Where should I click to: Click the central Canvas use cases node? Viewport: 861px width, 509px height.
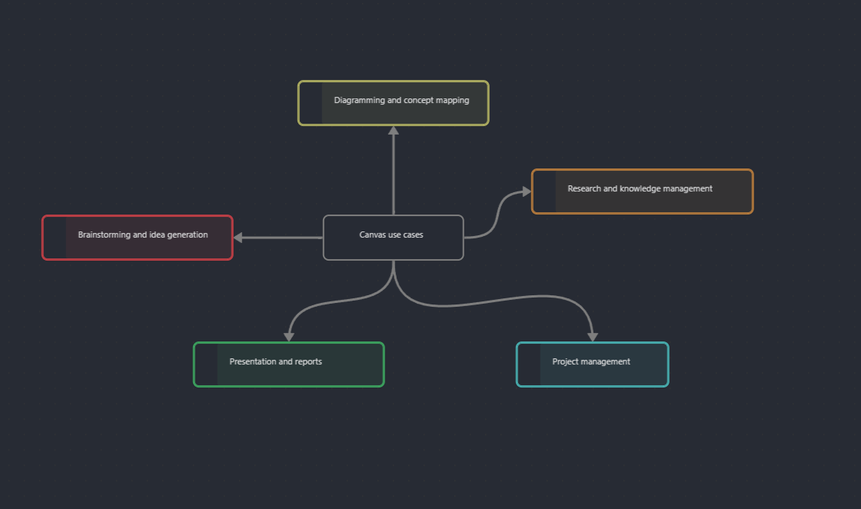393,238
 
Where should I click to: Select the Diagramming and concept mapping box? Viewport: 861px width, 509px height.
393,103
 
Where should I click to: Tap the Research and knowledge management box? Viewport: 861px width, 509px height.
642,191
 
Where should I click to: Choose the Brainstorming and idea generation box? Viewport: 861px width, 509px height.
138,238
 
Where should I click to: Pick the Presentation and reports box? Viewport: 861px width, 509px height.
288,364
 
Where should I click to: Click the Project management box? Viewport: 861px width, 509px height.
592,364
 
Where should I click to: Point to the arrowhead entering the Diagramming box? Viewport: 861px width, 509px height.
394,131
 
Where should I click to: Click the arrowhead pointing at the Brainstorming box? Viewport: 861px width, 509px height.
238,238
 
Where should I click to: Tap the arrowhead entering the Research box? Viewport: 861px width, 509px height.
526,191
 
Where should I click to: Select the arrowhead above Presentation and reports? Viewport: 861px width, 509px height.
289,337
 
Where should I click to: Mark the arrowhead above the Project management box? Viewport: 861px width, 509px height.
593,337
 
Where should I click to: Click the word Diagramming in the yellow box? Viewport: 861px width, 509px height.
359,100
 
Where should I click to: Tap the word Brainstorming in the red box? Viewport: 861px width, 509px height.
105,235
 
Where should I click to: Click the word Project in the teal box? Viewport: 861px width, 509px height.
565,361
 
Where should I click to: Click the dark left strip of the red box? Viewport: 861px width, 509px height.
55,238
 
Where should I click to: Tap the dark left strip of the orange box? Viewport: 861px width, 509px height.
545,191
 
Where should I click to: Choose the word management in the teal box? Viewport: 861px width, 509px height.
606,361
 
